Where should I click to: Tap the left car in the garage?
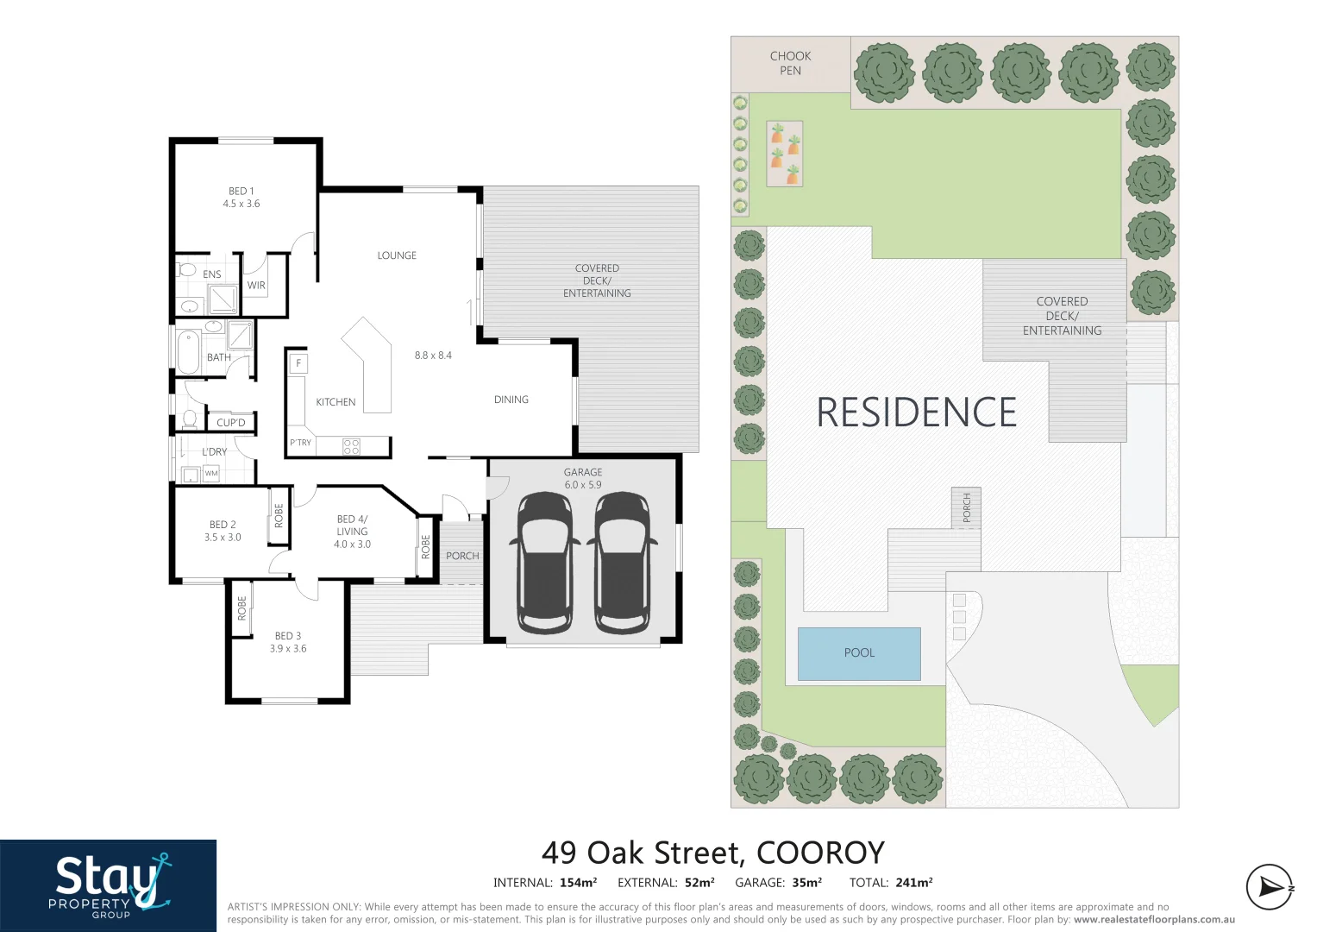pyautogui.click(x=545, y=563)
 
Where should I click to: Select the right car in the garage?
pyautogui.click(x=622, y=563)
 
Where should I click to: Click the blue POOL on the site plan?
pyautogui.click(x=859, y=653)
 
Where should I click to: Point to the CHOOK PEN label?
pyautogui.click(x=790, y=63)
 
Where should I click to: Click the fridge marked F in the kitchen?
pyautogui.click(x=298, y=363)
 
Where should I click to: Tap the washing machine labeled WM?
pyautogui.click(x=211, y=474)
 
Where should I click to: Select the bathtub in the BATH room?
pyautogui.click(x=188, y=352)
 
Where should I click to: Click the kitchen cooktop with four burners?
pyautogui.click(x=351, y=446)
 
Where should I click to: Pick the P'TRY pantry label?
pyautogui.click(x=300, y=443)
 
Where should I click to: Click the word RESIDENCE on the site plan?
pyautogui.click(x=916, y=412)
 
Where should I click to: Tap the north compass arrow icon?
pyautogui.click(x=1270, y=886)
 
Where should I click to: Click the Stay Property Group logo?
pyautogui.click(x=109, y=885)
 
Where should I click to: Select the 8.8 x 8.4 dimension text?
pyautogui.click(x=433, y=356)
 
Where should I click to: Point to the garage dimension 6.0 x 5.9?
pyautogui.click(x=583, y=485)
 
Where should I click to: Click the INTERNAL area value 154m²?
pyautogui.click(x=578, y=883)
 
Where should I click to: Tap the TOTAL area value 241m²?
pyautogui.click(x=914, y=883)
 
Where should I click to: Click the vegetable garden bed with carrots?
pyautogui.click(x=785, y=154)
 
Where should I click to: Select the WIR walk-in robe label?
pyautogui.click(x=256, y=286)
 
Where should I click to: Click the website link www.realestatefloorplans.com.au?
pyautogui.click(x=1154, y=920)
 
